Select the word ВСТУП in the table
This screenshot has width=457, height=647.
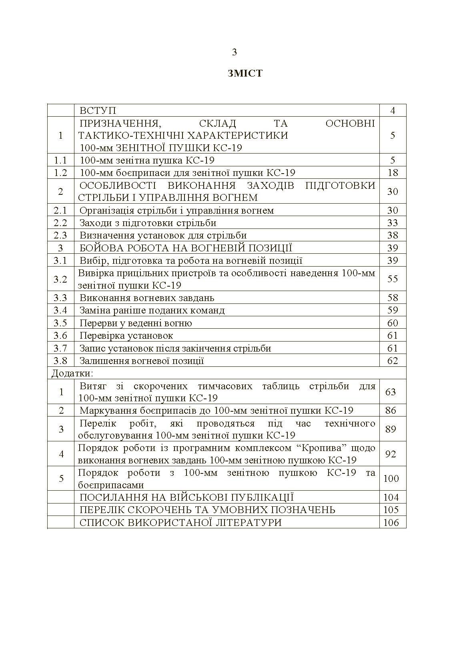pos(98,111)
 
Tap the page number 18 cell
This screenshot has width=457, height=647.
pos(393,173)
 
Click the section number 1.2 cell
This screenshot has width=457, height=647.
pos(61,173)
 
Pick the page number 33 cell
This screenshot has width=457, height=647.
pos(393,223)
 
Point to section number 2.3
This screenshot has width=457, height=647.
pos(61,235)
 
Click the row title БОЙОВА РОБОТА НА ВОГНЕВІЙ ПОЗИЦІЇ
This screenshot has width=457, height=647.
pos(186,248)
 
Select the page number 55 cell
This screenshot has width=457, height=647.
pos(393,279)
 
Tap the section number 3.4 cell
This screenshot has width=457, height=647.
pos(61,310)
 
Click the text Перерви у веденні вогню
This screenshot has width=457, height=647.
pos(136,323)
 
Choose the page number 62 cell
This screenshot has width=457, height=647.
pos(393,361)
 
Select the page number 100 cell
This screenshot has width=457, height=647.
pos(391,479)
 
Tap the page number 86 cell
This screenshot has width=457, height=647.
pos(391,410)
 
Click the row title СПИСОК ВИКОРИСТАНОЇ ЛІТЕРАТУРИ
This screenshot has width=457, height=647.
pos(180,522)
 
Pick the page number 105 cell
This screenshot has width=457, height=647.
pos(391,510)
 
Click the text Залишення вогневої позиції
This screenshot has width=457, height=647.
pos(142,361)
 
